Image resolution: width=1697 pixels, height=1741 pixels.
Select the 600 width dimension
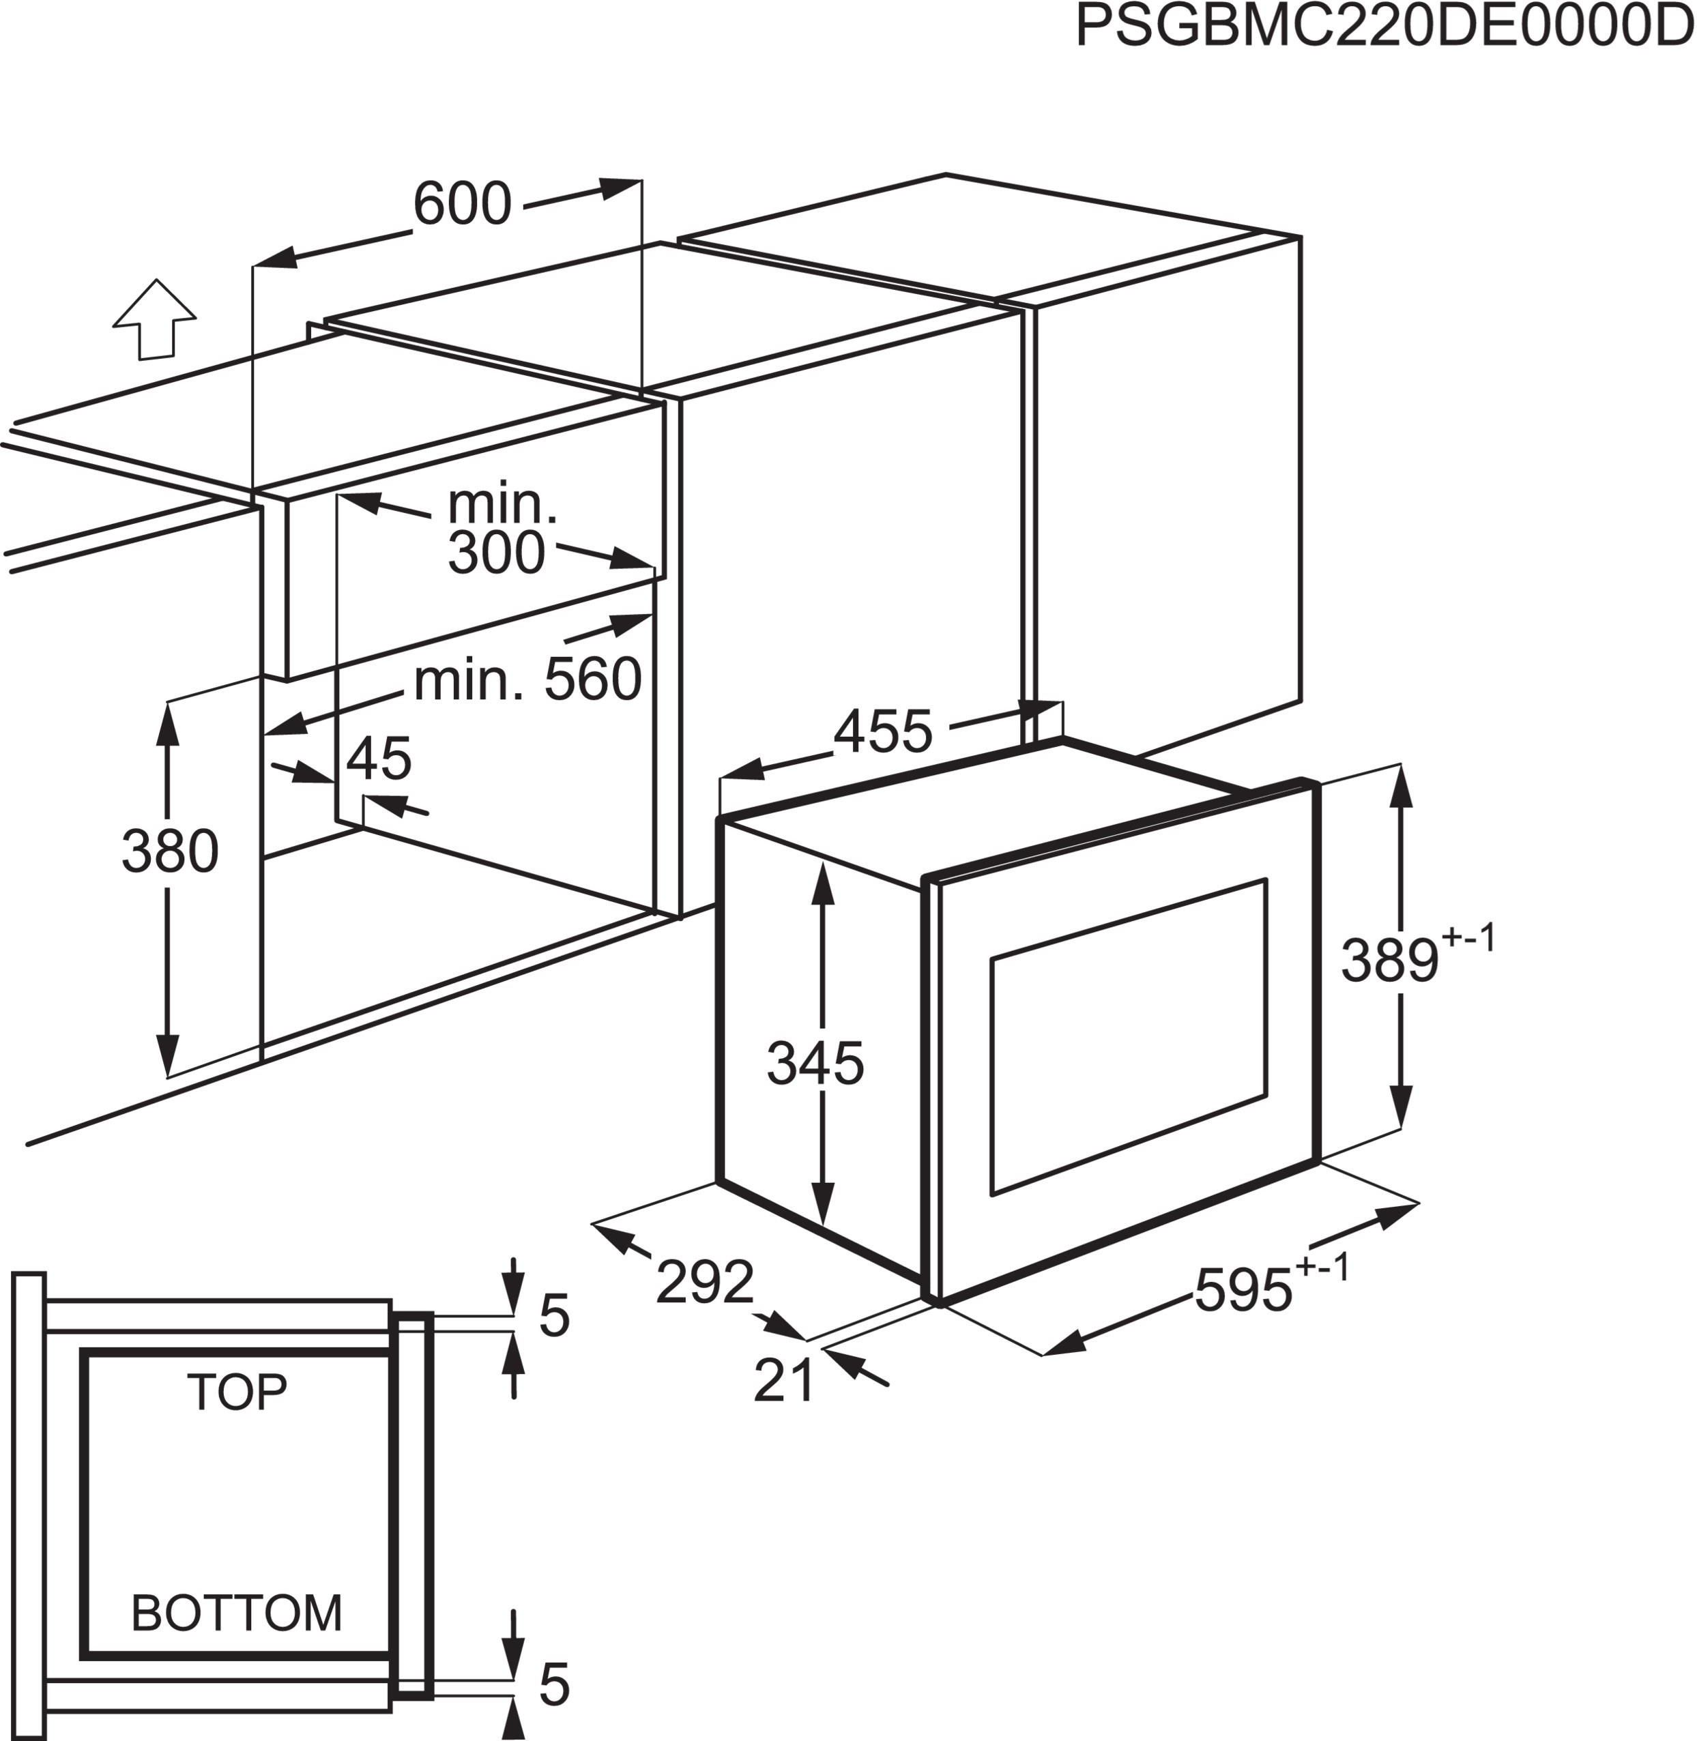[463, 203]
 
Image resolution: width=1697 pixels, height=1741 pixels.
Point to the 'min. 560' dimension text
[527, 680]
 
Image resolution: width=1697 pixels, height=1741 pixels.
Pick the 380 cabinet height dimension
[170, 850]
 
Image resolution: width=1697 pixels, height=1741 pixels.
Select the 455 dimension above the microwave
[883, 731]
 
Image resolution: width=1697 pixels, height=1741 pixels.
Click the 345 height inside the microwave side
[815, 1063]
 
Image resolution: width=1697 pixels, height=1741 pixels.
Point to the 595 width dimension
[1243, 1289]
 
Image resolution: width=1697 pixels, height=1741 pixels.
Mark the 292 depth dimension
[705, 1283]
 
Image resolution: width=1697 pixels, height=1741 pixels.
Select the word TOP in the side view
[237, 1392]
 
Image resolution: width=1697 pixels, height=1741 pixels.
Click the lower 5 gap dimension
[554, 1685]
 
